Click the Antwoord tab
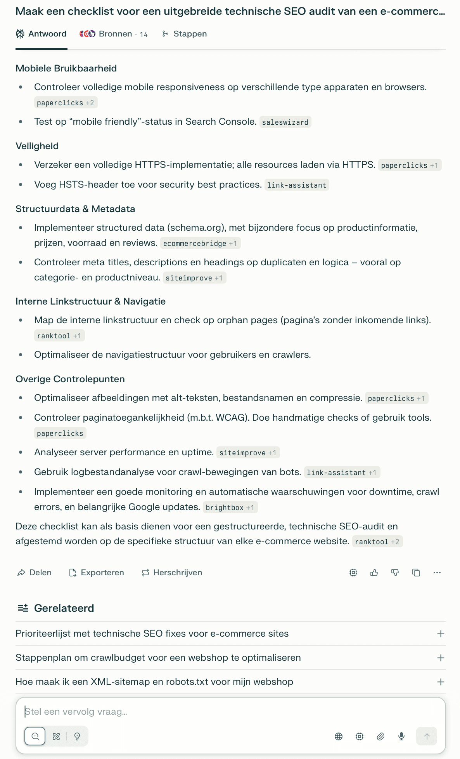point(41,34)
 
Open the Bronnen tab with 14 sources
point(114,34)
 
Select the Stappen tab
point(185,34)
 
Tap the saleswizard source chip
point(285,122)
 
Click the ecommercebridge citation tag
point(200,244)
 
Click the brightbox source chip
point(230,508)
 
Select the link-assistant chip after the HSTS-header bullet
point(297,185)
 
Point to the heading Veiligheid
point(37,146)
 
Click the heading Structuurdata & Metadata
point(75,209)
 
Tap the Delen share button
point(35,573)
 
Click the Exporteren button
point(97,573)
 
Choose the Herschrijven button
point(172,573)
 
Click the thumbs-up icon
point(374,573)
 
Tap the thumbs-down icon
point(395,573)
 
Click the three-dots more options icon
point(437,573)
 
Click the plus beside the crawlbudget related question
point(441,658)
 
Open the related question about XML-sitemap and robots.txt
point(154,682)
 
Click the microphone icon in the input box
point(401,736)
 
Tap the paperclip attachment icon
point(380,736)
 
